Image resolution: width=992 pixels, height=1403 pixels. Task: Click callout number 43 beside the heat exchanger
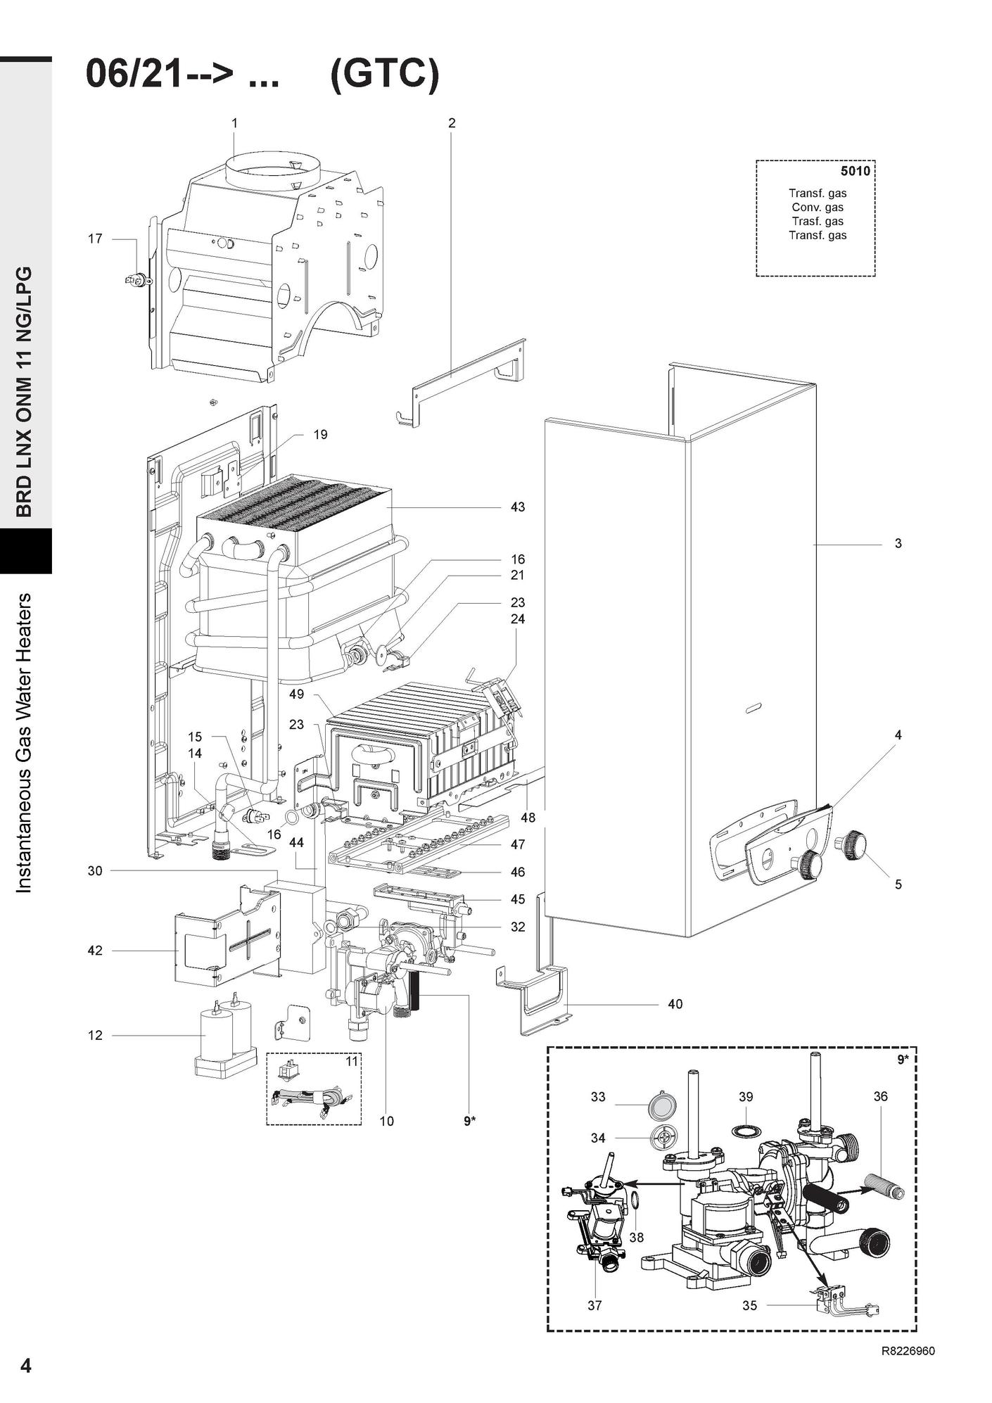(x=518, y=507)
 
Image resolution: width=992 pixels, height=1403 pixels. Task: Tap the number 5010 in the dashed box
(x=855, y=171)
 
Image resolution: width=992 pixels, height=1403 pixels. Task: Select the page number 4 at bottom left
(x=26, y=1366)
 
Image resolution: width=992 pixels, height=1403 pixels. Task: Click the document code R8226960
(x=908, y=1351)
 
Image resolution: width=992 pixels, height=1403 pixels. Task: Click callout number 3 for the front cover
(x=898, y=544)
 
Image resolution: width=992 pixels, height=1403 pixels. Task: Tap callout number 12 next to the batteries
(x=95, y=1035)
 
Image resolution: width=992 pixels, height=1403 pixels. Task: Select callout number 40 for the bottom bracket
(x=675, y=1004)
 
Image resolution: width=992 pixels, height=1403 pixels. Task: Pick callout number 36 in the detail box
(x=880, y=1096)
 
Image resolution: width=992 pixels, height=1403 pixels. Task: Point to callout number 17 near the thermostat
(x=95, y=239)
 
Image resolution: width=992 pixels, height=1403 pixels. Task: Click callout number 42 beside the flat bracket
(x=95, y=951)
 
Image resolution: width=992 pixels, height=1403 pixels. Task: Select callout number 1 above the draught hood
(x=234, y=123)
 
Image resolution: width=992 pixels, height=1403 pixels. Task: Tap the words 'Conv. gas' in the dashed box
(x=817, y=208)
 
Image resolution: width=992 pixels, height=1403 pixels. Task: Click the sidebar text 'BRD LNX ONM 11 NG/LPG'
(x=25, y=392)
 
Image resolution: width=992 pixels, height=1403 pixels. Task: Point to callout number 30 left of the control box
(x=95, y=871)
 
